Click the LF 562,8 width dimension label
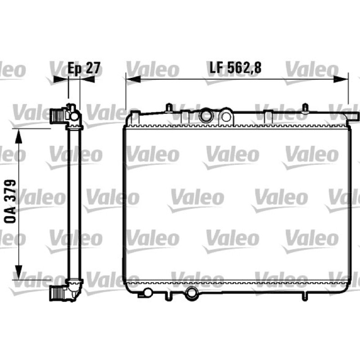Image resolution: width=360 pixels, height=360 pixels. click(x=235, y=67)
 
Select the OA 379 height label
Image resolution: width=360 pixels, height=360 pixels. click(x=10, y=201)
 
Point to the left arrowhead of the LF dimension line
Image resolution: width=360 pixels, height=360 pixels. click(x=133, y=80)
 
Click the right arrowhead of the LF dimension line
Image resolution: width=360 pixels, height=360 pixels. click(x=341, y=80)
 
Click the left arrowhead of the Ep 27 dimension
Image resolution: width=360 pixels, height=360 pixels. click(x=61, y=80)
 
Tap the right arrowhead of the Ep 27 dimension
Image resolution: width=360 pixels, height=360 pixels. click(x=87, y=80)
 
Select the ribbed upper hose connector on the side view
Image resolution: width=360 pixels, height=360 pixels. click(x=58, y=115)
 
